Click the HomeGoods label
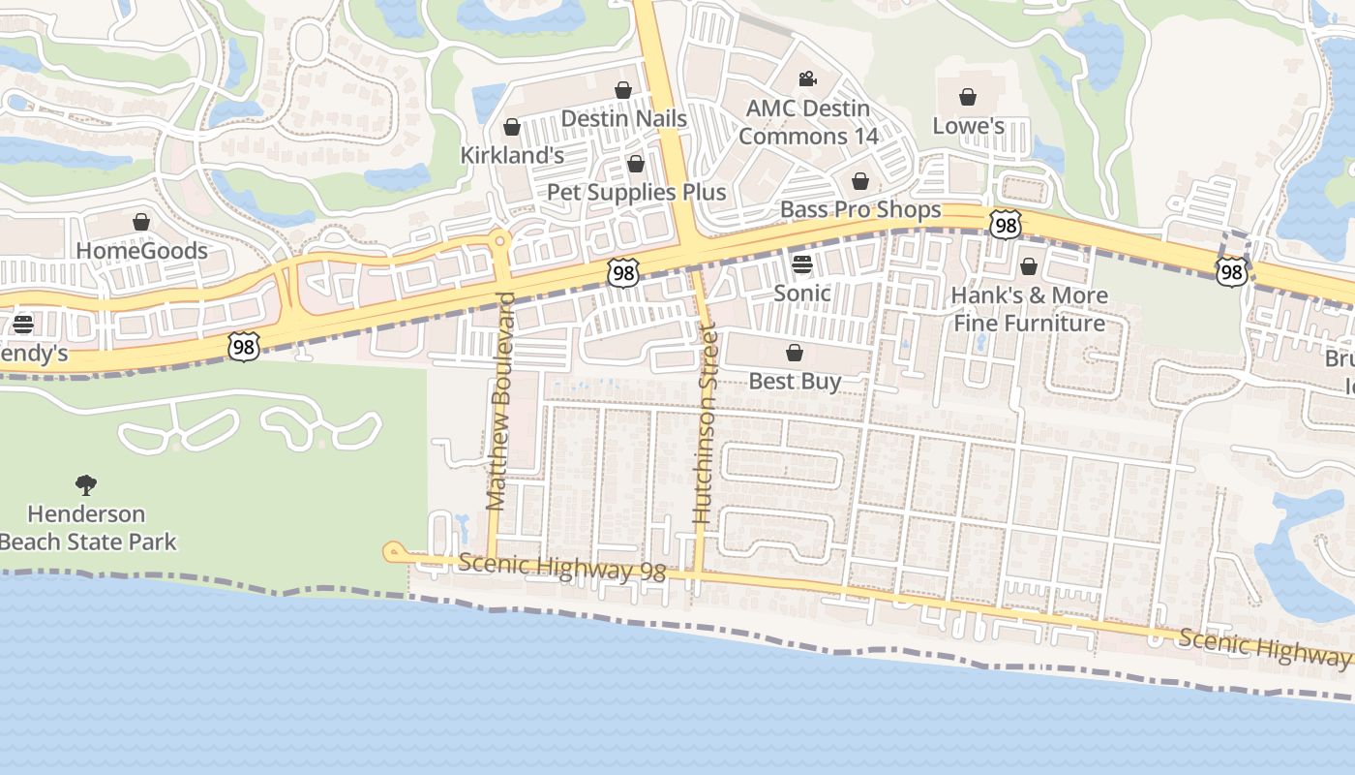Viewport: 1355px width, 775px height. [141, 251]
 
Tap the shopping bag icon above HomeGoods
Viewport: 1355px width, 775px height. [141, 223]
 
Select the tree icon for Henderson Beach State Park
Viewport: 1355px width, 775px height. [86, 484]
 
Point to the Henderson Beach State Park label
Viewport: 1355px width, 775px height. [87, 527]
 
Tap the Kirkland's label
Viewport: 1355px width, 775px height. [512, 155]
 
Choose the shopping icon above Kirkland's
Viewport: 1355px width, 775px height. [512, 127]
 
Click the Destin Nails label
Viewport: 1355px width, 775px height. [624, 118]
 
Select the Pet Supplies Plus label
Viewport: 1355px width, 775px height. [636, 192]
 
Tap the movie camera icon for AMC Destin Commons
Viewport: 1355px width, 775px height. [807, 78]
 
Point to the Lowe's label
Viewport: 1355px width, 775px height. [968, 126]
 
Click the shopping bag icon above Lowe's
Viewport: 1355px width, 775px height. [967, 97]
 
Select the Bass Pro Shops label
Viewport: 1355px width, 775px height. [860, 209]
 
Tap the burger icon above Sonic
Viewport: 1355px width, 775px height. [802, 263]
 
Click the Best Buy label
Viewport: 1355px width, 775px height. [795, 381]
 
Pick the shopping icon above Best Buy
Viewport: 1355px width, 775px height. [795, 353]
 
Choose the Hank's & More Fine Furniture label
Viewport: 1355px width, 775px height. [1029, 308]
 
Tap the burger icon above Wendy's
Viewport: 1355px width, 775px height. [23, 324]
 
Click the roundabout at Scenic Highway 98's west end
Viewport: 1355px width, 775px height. [393, 552]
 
